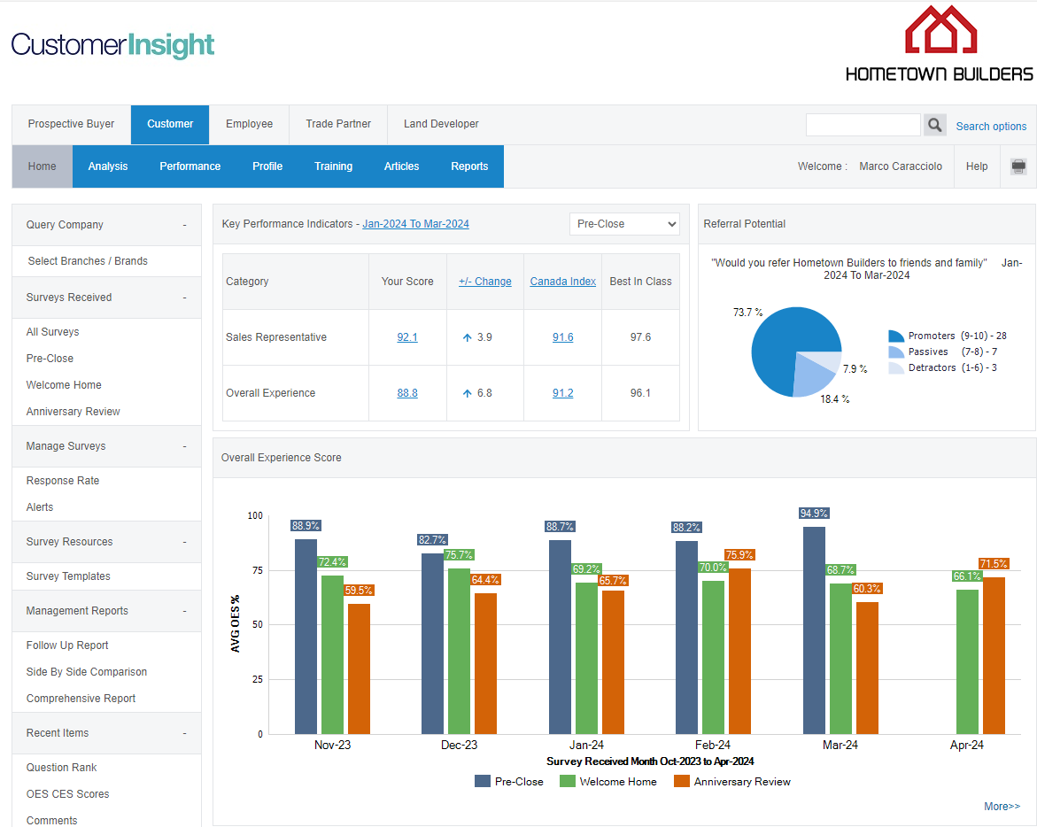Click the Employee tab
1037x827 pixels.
(x=249, y=124)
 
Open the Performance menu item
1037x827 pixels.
(x=190, y=166)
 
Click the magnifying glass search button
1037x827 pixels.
(x=934, y=125)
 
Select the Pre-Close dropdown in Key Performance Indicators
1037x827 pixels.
(x=624, y=224)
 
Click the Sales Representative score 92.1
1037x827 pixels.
(x=407, y=337)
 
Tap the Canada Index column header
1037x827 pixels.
(x=562, y=282)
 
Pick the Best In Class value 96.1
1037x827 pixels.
(x=640, y=393)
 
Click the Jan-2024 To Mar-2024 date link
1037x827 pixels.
(x=415, y=224)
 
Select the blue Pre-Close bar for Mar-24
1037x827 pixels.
(x=814, y=630)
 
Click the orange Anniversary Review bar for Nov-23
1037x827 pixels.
(x=359, y=669)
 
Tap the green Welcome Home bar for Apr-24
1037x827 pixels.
(x=967, y=661)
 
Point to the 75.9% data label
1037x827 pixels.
(x=739, y=555)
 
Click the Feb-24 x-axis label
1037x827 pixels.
(x=713, y=746)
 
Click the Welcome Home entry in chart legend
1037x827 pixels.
(x=617, y=782)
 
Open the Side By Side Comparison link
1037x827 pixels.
(x=87, y=672)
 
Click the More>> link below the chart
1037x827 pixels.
(x=1002, y=807)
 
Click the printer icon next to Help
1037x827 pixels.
(x=1018, y=166)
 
